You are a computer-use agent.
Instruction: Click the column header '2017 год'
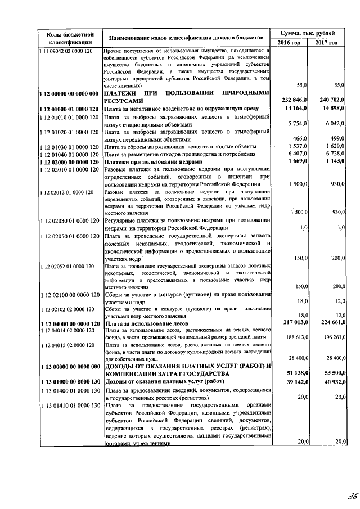[x=327, y=43]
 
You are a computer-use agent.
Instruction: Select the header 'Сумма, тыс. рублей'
[x=308, y=32]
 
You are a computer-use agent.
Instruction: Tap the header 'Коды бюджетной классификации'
[x=70, y=37]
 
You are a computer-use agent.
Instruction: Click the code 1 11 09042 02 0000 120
[x=69, y=51]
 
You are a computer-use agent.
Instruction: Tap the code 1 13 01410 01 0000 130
[x=69, y=406]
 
